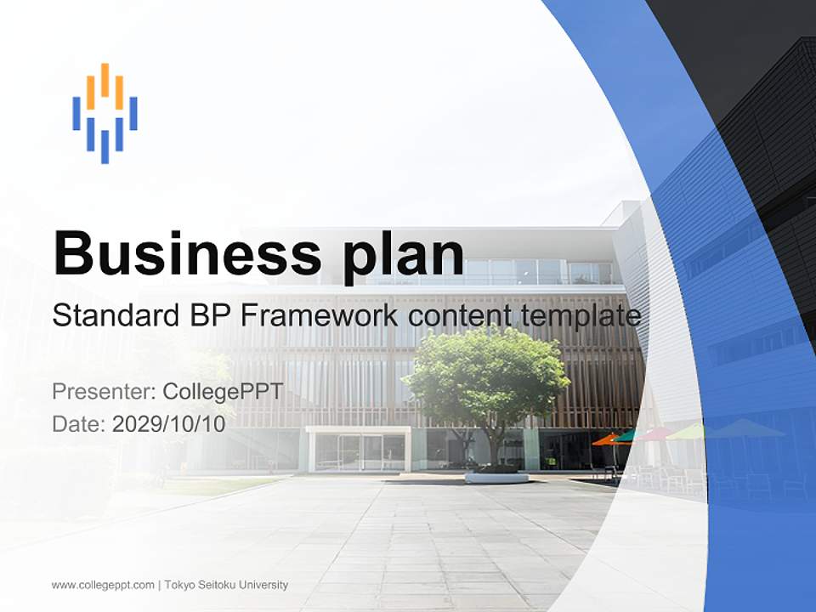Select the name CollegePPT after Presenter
pos(223,392)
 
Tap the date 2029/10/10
pos(168,424)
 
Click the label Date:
pos(79,424)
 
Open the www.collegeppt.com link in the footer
pos(103,585)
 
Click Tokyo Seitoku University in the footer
pos(226,585)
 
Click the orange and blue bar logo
pos(105,112)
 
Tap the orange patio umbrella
pos(607,439)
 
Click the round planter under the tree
pos(496,477)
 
